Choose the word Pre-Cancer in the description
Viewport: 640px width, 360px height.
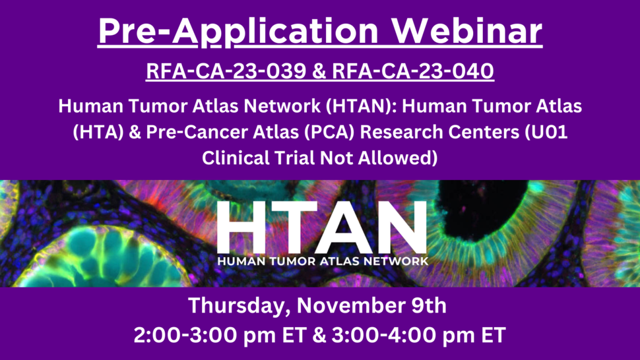point(205,132)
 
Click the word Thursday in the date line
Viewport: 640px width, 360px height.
point(235,307)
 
